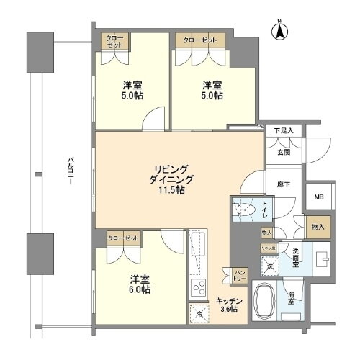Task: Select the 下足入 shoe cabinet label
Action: point(283,130)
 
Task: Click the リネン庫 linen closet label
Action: point(267,248)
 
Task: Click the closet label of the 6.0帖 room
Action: point(123,237)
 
